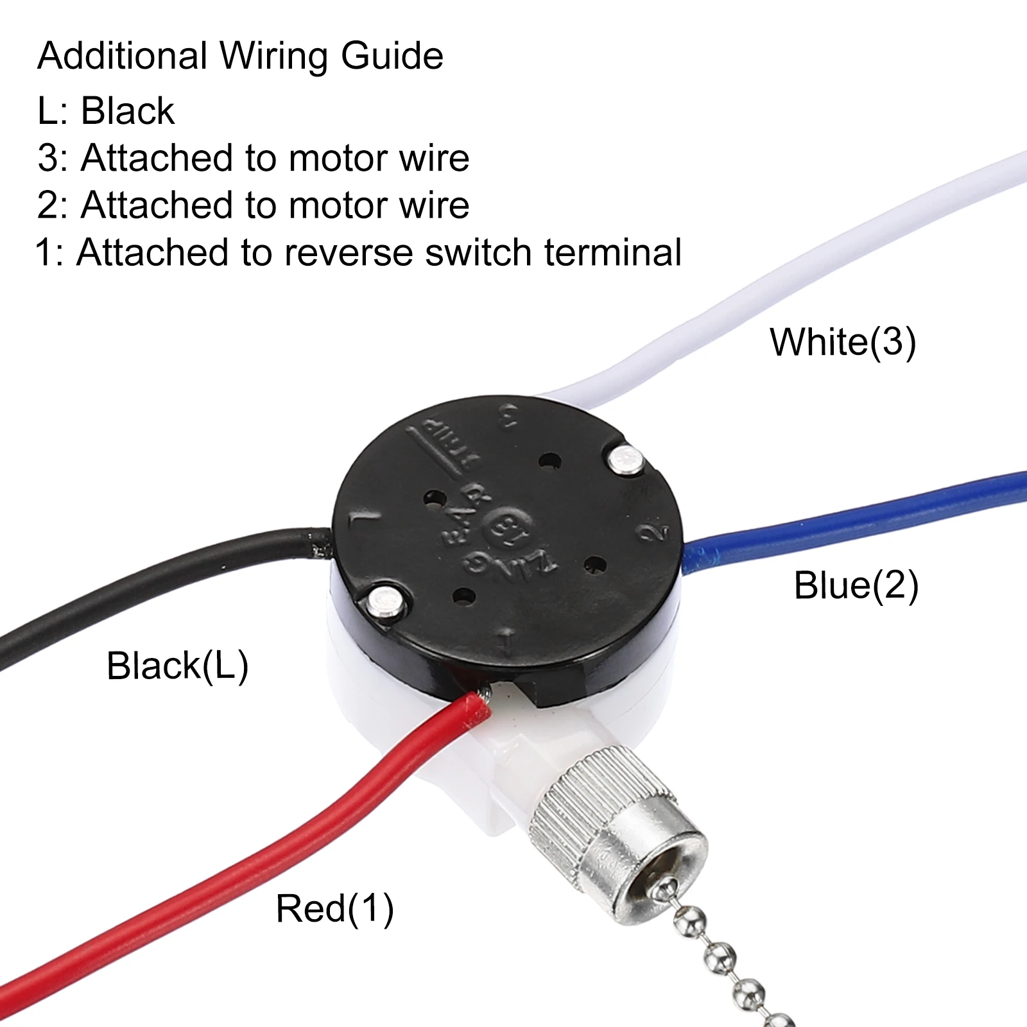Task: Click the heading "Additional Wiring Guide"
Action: [240, 56]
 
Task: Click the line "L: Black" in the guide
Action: [106, 111]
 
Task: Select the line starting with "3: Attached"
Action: [253, 158]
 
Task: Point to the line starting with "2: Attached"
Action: [253, 205]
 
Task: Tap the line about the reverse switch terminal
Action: [358, 252]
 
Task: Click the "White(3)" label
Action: [843, 341]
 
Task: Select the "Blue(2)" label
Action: [856, 585]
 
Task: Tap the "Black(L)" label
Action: [177, 666]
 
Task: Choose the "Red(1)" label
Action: [334, 908]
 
